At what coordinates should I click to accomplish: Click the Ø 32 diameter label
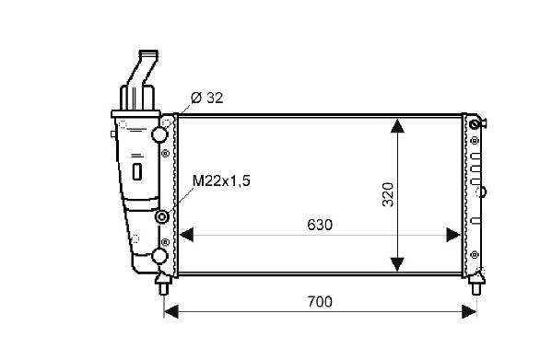click(x=207, y=99)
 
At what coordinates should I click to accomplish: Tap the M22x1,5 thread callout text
click(x=221, y=181)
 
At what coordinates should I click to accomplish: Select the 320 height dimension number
click(x=388, y=194)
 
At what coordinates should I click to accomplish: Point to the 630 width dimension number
click(x=320, y=225)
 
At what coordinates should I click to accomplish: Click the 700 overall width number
click(x=320, y=302)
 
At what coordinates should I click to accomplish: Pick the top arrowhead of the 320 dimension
click(x=397, y=126)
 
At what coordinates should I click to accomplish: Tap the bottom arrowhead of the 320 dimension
click(x=397, y=264)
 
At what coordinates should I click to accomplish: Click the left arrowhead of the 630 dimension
click(x=186, y=235)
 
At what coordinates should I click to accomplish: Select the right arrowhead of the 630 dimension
click(x=453, y=235)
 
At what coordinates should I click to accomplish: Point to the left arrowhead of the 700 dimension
click(x=171, y=311)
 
